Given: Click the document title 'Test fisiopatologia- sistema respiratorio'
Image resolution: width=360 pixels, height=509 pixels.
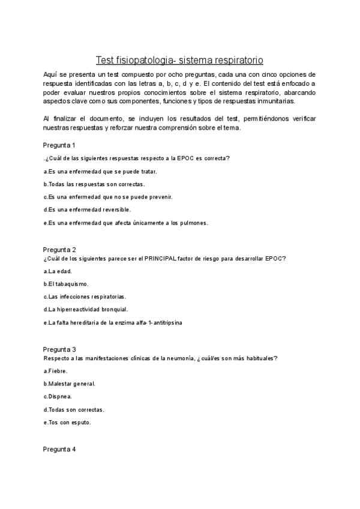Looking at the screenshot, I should point(179,60).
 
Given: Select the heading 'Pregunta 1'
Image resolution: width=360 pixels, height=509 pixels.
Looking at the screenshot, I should point(59,145).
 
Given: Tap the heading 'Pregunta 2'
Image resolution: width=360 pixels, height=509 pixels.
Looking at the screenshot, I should point(59,250).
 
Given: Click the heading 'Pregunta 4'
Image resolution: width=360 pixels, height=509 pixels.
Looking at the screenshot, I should point(59,450).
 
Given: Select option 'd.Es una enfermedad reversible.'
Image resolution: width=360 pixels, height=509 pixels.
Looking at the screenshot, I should point(87,209).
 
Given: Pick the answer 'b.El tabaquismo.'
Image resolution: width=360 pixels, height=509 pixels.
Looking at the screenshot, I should point(66,284).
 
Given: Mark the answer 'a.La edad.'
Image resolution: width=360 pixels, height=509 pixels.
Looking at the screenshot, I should point(59,271).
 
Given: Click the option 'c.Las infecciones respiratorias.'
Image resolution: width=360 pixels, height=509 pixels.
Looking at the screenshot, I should point(85,297).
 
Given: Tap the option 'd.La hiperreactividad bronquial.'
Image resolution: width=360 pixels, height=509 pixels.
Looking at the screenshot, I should point(86,309).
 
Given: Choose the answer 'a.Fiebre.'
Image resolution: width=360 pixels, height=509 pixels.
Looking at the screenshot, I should point(56,371).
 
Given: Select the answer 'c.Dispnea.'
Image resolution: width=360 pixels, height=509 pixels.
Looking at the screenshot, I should point(58,396).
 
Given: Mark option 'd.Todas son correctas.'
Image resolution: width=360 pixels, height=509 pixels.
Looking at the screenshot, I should point(74,409).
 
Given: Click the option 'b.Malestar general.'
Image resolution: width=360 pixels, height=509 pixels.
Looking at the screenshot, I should point(70,384).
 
